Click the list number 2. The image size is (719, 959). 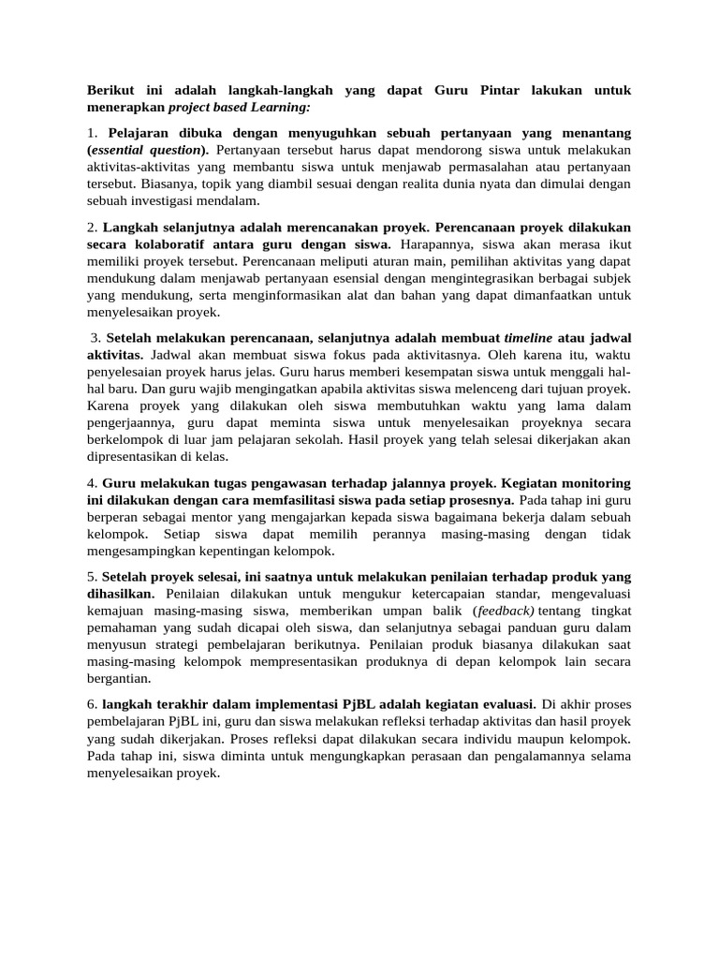pyautogui.click(x=92, y=228)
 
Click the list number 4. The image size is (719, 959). pyautogui.click(x=92, y=483)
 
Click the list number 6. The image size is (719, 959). pyautogui.click(x=92, y=704)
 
